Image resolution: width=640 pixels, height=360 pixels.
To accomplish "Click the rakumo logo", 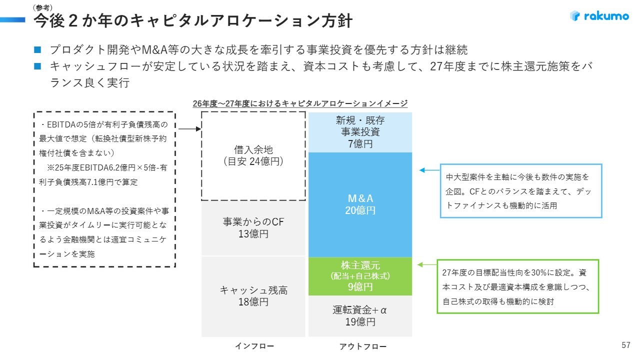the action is click(599, 15).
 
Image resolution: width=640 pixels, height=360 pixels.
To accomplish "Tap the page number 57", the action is click(625, 345).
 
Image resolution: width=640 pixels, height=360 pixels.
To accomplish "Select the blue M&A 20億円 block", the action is click(360, 204).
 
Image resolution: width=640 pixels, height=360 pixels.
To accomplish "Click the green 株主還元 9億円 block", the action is click(360, 276).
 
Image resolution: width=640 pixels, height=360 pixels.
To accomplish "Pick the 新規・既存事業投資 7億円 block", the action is click(360, 132).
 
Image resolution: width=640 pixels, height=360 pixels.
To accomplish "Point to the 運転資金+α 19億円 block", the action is click(360, 316).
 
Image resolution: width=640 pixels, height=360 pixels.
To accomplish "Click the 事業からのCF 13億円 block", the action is click(253, 228).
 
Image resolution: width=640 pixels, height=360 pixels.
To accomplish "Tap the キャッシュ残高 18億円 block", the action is click(253, 296).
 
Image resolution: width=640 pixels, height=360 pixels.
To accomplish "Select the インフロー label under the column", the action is click(254, 346).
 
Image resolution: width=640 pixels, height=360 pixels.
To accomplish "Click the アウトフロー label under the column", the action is click(363, 346).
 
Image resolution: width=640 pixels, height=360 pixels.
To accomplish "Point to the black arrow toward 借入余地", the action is click(189, 129).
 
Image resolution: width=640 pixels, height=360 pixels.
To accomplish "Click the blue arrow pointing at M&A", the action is click(429, 170).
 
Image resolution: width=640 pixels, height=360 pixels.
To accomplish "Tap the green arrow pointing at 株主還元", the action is click(427, 265).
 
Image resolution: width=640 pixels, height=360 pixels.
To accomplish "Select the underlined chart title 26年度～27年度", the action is click(300, 103).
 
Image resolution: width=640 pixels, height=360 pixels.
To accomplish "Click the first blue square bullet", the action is click(37, 49).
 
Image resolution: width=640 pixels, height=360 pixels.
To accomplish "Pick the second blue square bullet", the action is click(37, 66).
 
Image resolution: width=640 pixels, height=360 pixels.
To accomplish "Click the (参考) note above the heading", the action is click(42, 7).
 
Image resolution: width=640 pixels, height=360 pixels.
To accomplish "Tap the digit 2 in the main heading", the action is click(73, 21).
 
